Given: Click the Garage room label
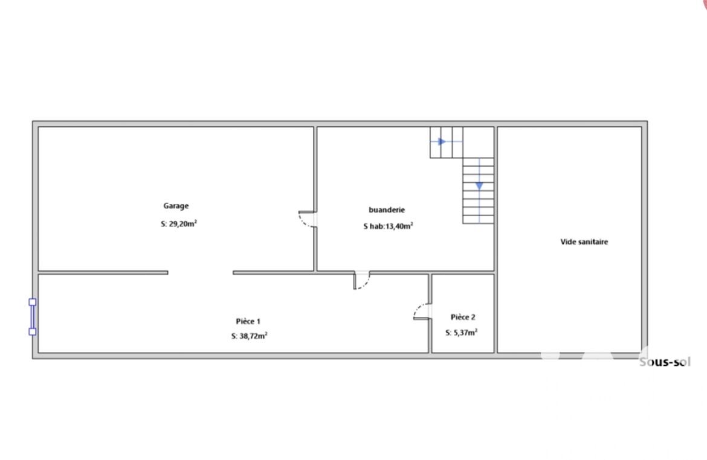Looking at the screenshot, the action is (x=176, y=206).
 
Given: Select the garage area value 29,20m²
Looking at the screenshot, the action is (x=182, y=223).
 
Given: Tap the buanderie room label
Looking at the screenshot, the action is (x=387, y=209).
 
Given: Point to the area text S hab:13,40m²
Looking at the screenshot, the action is (x=388, y=226).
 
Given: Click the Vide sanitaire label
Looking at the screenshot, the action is (x=584, y=242).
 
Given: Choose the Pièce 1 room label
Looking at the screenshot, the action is (x=248, y=321).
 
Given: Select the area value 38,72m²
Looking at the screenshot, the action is (x=253, y=336).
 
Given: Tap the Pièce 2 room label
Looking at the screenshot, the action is (x=463, y=317).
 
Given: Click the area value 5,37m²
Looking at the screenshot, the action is (x=465, y=333).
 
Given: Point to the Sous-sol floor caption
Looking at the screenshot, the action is (x=665, y=362).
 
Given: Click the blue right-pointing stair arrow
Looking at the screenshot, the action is (x=442, y=142).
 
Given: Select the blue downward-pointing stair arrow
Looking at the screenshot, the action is (x=479, y=186).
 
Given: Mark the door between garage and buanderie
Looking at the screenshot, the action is (x=308, y=219).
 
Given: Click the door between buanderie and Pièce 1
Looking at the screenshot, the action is (x=361, y=280).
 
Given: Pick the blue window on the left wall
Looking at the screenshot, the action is (x=33, y=317).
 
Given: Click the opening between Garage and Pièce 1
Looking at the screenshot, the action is (x=200, y=273).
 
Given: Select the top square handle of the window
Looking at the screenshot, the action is (x=33, y=302).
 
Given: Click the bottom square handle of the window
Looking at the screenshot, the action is (x=33, y=332).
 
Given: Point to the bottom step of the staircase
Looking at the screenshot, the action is (x=478, y=220).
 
